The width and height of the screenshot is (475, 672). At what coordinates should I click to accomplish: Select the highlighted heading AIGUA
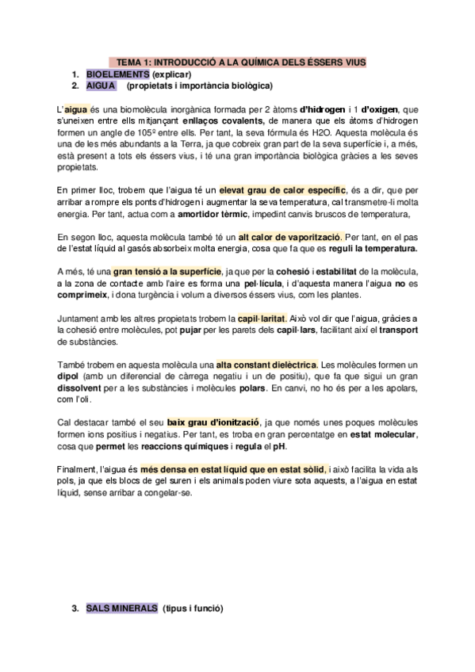101,85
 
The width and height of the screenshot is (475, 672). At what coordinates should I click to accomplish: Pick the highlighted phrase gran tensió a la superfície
163,272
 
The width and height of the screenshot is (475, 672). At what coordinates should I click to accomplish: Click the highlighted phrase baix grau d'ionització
213,423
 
